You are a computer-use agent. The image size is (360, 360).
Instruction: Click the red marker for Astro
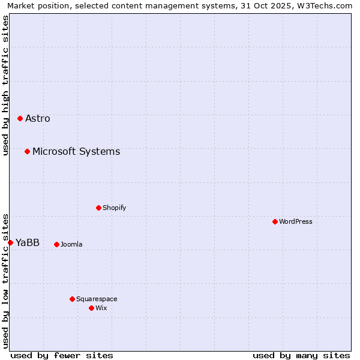[20, 119]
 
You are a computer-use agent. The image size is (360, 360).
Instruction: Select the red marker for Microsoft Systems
[27, 151]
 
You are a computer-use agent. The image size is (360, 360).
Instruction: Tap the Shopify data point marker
[98, 208]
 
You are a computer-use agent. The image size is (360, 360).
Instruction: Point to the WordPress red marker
[275, 221]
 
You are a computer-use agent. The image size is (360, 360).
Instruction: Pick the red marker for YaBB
[10, 242]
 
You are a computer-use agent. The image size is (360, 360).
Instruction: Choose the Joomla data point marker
[56, 244]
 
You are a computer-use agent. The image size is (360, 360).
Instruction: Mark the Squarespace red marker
[72, 299]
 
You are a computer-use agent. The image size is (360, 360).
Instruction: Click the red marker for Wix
[91, 308]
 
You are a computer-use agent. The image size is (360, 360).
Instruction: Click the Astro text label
[38, 119]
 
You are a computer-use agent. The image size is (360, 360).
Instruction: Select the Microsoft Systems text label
[76, 151]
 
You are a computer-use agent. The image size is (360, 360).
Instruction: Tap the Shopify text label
[114, 208]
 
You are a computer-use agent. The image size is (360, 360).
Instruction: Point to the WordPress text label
[296, 221]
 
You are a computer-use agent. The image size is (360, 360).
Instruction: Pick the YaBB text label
[28, 242]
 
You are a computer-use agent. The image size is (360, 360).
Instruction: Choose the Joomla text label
[71, 244]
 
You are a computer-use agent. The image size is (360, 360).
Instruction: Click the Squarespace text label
[97, 299]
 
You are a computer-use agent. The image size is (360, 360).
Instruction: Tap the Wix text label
[101, 308]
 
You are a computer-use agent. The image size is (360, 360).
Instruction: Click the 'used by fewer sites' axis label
[62, 355]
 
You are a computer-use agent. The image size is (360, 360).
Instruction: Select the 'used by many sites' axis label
[301, 355]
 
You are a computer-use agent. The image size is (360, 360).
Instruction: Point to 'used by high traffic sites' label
[5, 86]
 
